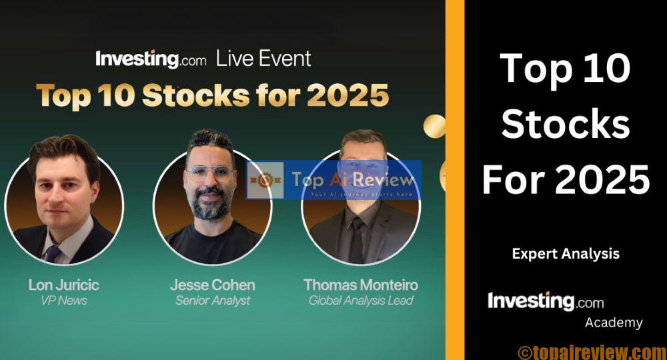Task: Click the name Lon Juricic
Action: (x=63, y=285)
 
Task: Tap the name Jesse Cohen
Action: (x=212, y=285)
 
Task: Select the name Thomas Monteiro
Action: (x=361, y=285)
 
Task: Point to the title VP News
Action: (x=63, y=301)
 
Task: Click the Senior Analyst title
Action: (x=212, y=301)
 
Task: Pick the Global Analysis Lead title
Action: (x=361, y=301)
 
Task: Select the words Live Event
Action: (x=263, y=59)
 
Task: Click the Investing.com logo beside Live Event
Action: (x=151, y=59)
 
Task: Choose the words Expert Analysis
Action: (x=566, y=254)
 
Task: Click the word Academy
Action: (x=614, y=323)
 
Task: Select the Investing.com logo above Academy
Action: (x=546, y=301)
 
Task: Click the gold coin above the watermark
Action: (x=434, y=125)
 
